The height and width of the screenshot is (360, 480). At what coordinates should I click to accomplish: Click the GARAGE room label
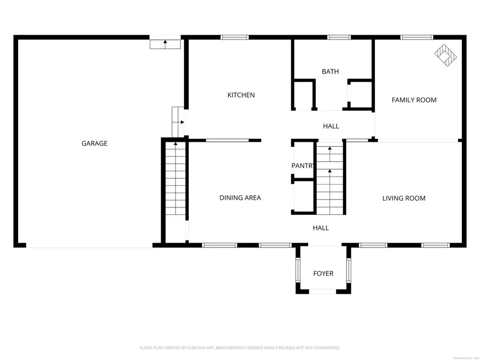point(94,143)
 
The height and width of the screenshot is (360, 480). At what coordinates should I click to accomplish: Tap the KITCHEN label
point(241,95)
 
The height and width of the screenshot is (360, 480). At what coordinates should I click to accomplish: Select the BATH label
point(330,71)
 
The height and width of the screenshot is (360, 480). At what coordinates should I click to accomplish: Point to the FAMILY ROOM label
point(414,100)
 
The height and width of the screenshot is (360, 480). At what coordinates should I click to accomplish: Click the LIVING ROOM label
point(404,198)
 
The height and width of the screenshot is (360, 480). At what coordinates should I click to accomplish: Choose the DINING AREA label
point(240,198)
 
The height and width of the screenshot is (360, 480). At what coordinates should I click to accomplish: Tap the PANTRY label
point(302,166)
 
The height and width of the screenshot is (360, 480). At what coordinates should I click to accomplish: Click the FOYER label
point(323,274)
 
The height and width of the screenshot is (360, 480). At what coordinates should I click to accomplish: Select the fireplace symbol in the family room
point(446,54)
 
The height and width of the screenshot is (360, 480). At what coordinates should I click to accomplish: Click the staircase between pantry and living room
point(330,179)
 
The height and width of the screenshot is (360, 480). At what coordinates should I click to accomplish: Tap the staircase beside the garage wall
point(175,179)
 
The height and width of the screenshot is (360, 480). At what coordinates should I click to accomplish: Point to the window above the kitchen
point(235,37)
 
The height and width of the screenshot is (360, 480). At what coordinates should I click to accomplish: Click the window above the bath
point(339,37)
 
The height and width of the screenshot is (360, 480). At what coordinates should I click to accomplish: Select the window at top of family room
point(417,37)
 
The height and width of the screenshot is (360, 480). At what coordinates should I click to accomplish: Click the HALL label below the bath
point(331,126)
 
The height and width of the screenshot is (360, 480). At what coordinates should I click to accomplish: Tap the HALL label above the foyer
point(321,228)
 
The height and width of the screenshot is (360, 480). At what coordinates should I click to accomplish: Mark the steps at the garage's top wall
point(165,43)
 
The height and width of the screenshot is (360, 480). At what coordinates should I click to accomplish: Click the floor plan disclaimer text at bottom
point(239,348)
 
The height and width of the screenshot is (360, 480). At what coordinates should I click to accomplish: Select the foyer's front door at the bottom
point(323,291)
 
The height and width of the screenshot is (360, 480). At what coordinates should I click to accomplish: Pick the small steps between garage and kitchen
point(177,121)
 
